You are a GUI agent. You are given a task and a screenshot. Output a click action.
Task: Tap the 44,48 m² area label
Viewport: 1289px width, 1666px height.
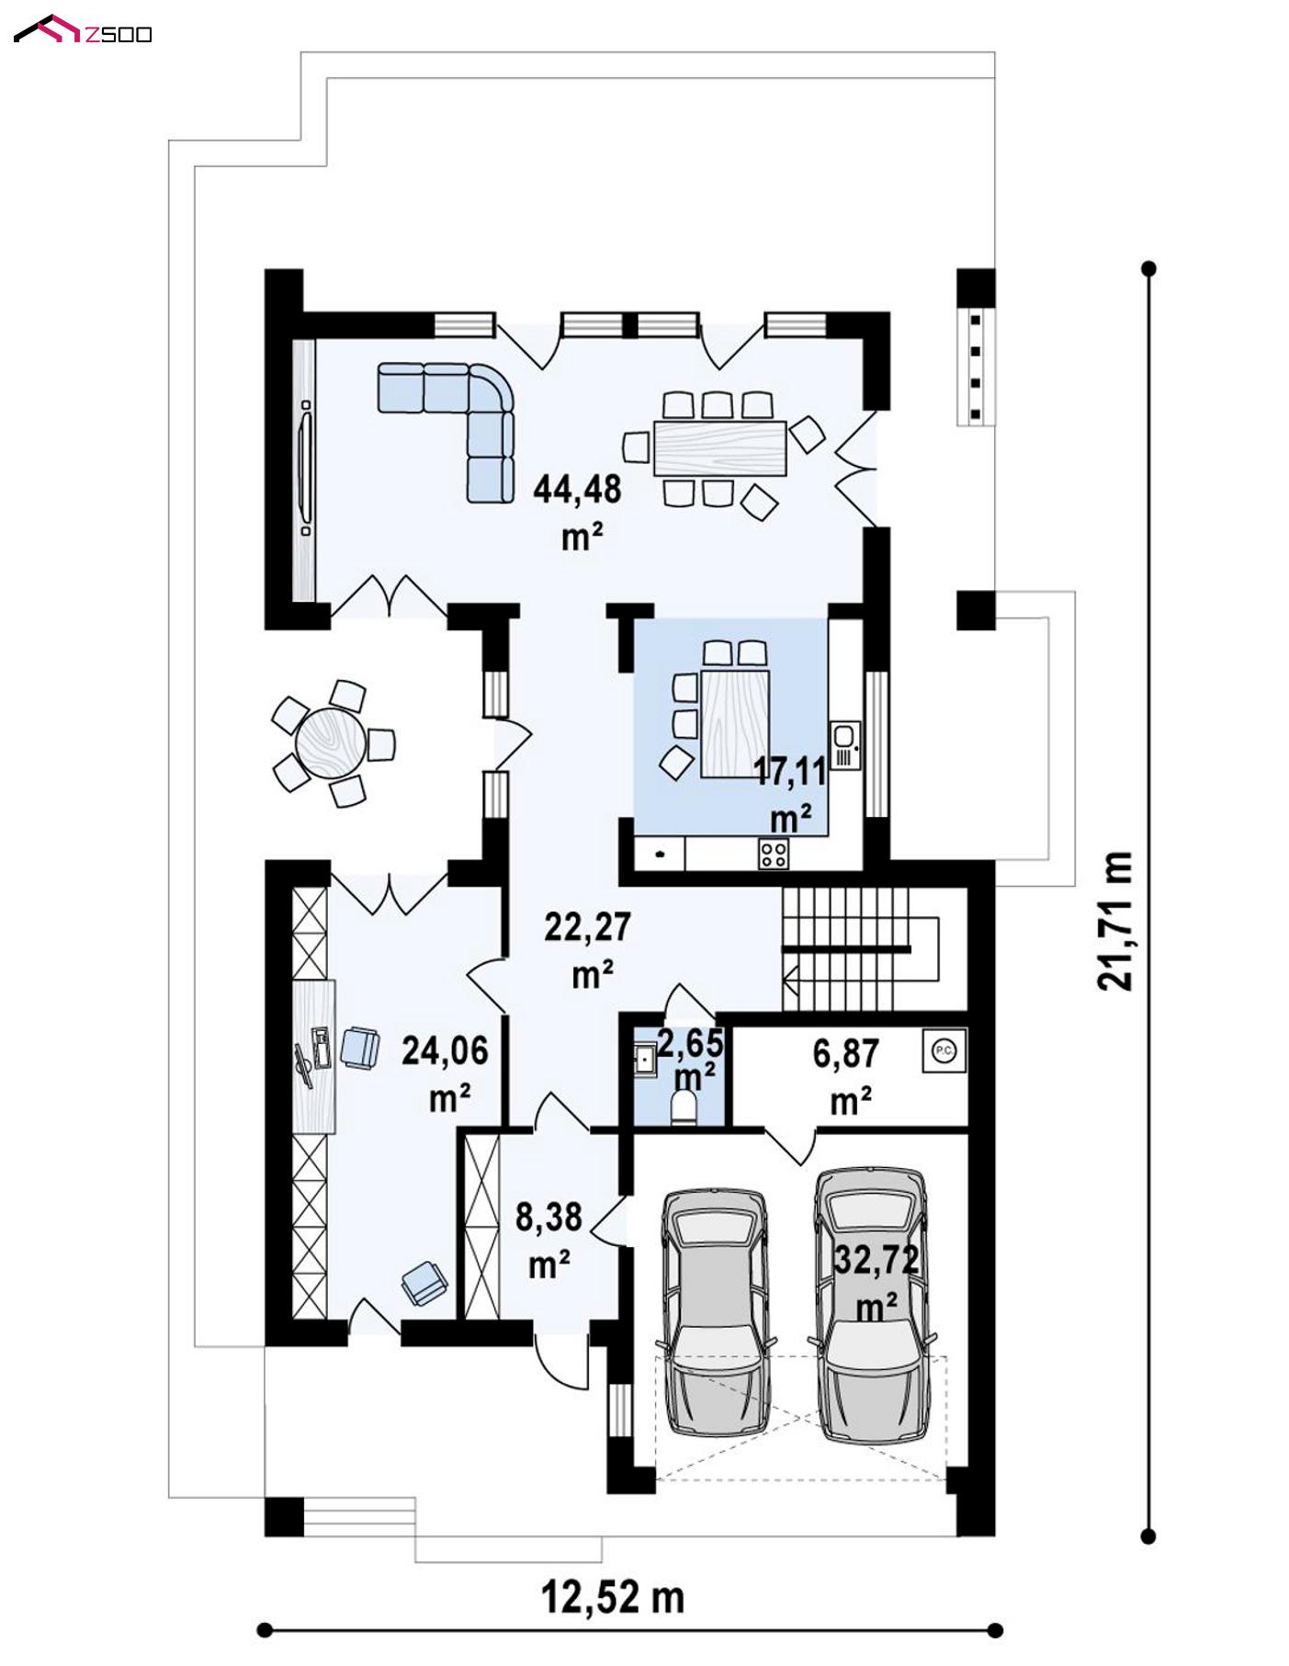click(x=578, y=511)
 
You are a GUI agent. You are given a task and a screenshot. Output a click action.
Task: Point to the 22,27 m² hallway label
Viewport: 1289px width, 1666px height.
click(x=589, y=949)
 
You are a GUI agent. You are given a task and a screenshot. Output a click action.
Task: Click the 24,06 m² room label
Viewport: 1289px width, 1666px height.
click(x=446, y=1072)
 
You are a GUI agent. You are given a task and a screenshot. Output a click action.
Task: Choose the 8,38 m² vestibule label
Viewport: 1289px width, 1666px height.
click(x=548, y=1240)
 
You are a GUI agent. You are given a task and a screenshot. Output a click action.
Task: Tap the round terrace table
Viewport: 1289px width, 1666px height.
click(x=330, y=742)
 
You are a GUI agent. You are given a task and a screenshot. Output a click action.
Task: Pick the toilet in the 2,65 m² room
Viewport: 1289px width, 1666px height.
click(x=685, y=1107)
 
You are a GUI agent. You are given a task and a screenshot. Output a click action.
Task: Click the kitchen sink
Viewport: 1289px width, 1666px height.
click(x=842, y=745)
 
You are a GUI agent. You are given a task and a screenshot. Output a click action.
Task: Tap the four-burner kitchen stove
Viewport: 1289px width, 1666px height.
click(x=773, y=855)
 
